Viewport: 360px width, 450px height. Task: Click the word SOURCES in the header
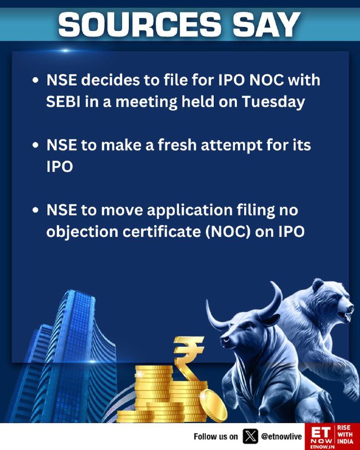pos(140,24)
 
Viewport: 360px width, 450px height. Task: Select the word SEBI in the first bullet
pos(63,101)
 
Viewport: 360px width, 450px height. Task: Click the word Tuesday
pos(273,102)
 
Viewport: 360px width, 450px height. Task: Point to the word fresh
pos(177,145)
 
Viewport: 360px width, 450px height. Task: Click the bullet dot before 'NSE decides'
pos(35,80)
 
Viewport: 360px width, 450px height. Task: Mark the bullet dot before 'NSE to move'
pos(35,210)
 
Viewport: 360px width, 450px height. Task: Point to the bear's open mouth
pos(345,316)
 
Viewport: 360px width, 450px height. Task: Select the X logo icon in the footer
pos(250,436)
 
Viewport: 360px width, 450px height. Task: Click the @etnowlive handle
pos(281,436)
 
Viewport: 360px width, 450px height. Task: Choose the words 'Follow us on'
pos(215,436)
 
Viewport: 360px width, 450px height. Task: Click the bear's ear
pos(318,285)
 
